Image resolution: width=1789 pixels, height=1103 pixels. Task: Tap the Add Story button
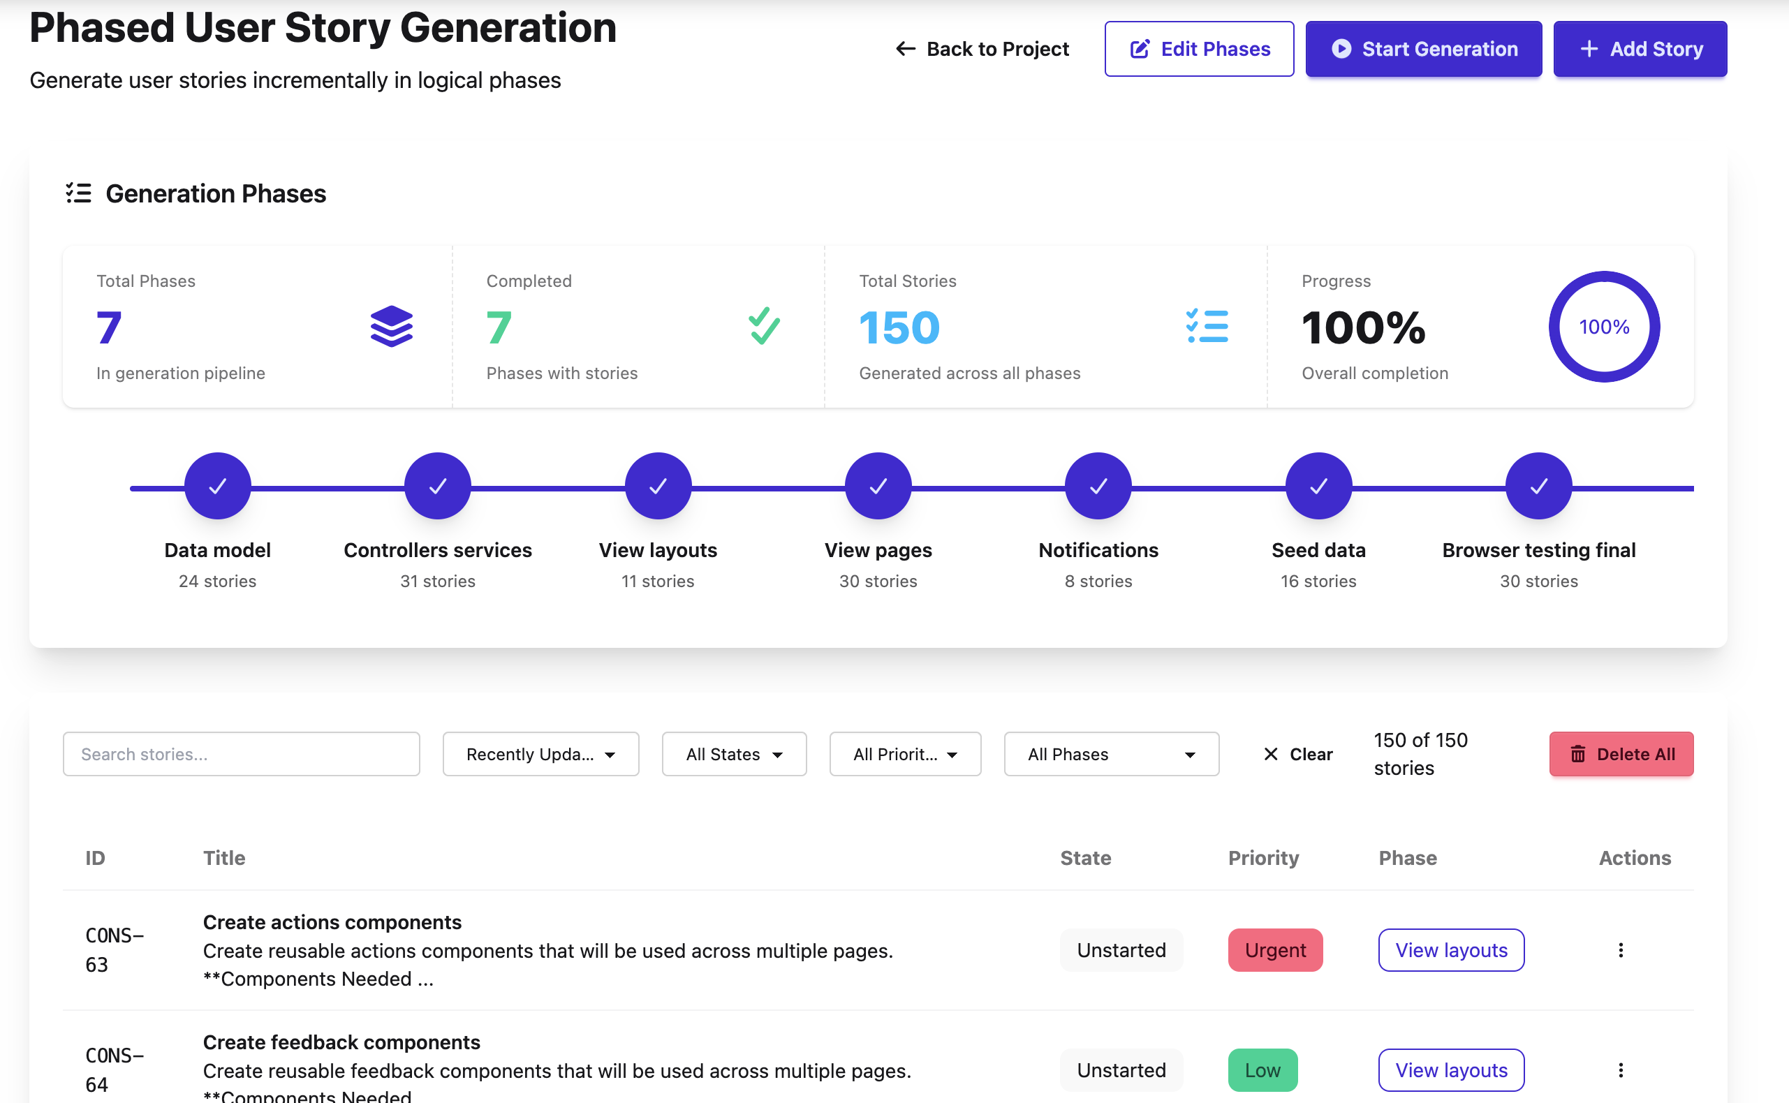[x=1640, y=49]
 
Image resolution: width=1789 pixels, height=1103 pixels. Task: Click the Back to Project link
[x=982, y=49]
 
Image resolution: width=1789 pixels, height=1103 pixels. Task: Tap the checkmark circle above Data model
[x=217, y=486]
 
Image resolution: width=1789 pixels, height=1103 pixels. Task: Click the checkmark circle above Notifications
[x=1098, y=486]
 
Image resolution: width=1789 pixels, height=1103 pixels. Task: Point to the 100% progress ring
[x=1604, y=327]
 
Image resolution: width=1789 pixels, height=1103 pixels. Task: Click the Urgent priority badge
[x=1274, y=950]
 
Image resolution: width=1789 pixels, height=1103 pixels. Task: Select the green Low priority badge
[x=1262, y=1069]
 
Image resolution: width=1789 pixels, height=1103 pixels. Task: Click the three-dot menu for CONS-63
[x=1621, y=950]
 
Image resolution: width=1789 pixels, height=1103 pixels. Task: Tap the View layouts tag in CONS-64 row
[x=1450, y=1069]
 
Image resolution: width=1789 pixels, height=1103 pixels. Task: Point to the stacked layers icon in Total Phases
[x=392, y=326]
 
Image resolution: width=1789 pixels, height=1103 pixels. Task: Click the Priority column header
[x=1263, y=858]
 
